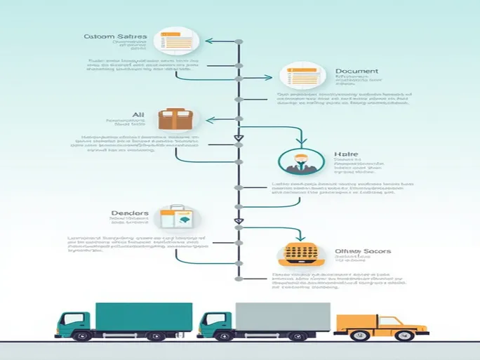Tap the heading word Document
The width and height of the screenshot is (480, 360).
coord(356,71)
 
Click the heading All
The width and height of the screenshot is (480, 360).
coord(138,114)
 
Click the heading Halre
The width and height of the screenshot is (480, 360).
coord(347,154)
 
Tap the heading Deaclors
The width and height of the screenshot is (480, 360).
coord(130,213)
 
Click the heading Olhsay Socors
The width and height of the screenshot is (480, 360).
coord(363,251)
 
